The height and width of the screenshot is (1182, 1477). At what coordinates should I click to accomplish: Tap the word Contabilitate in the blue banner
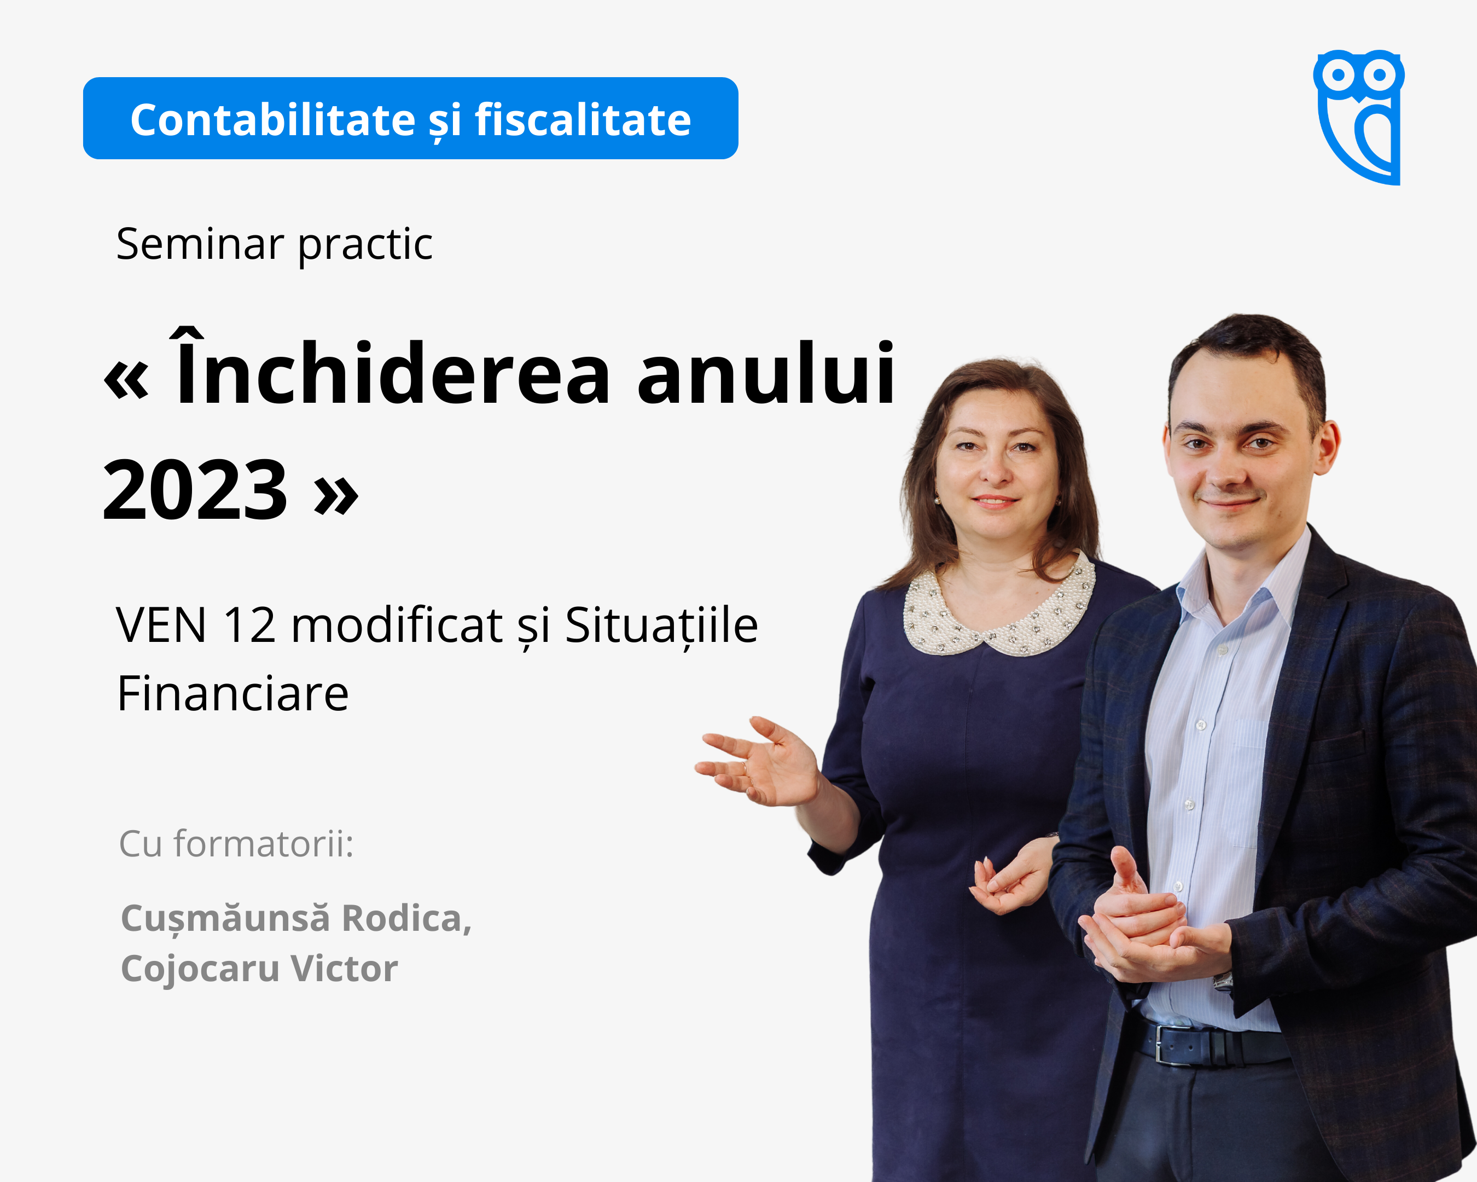272,120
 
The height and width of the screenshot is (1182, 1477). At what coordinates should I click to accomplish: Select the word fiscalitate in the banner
583,120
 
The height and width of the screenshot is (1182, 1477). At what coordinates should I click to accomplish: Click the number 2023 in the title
195,491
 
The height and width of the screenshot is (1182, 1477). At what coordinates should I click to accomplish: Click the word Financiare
234,693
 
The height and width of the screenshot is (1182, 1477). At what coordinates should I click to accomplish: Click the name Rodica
406,918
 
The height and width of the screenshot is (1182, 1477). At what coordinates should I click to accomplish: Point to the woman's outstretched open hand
758,761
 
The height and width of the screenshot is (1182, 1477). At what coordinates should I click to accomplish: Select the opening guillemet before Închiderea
126,380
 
